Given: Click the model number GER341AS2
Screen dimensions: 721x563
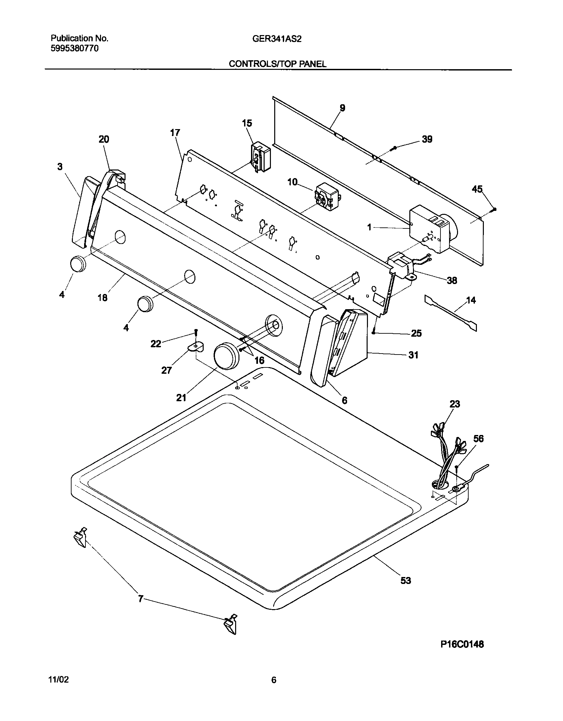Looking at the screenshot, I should (277, 39).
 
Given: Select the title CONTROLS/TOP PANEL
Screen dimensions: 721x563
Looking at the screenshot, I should (278, 64).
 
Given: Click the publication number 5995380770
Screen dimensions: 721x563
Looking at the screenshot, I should (75, 49).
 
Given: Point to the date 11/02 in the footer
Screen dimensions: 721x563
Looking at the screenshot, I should (59, 680).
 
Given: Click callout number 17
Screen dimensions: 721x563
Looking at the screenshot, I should (175, 133).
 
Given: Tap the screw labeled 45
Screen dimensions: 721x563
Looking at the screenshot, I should (494, 209).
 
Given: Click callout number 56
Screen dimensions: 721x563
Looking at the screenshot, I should (478, 439).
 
